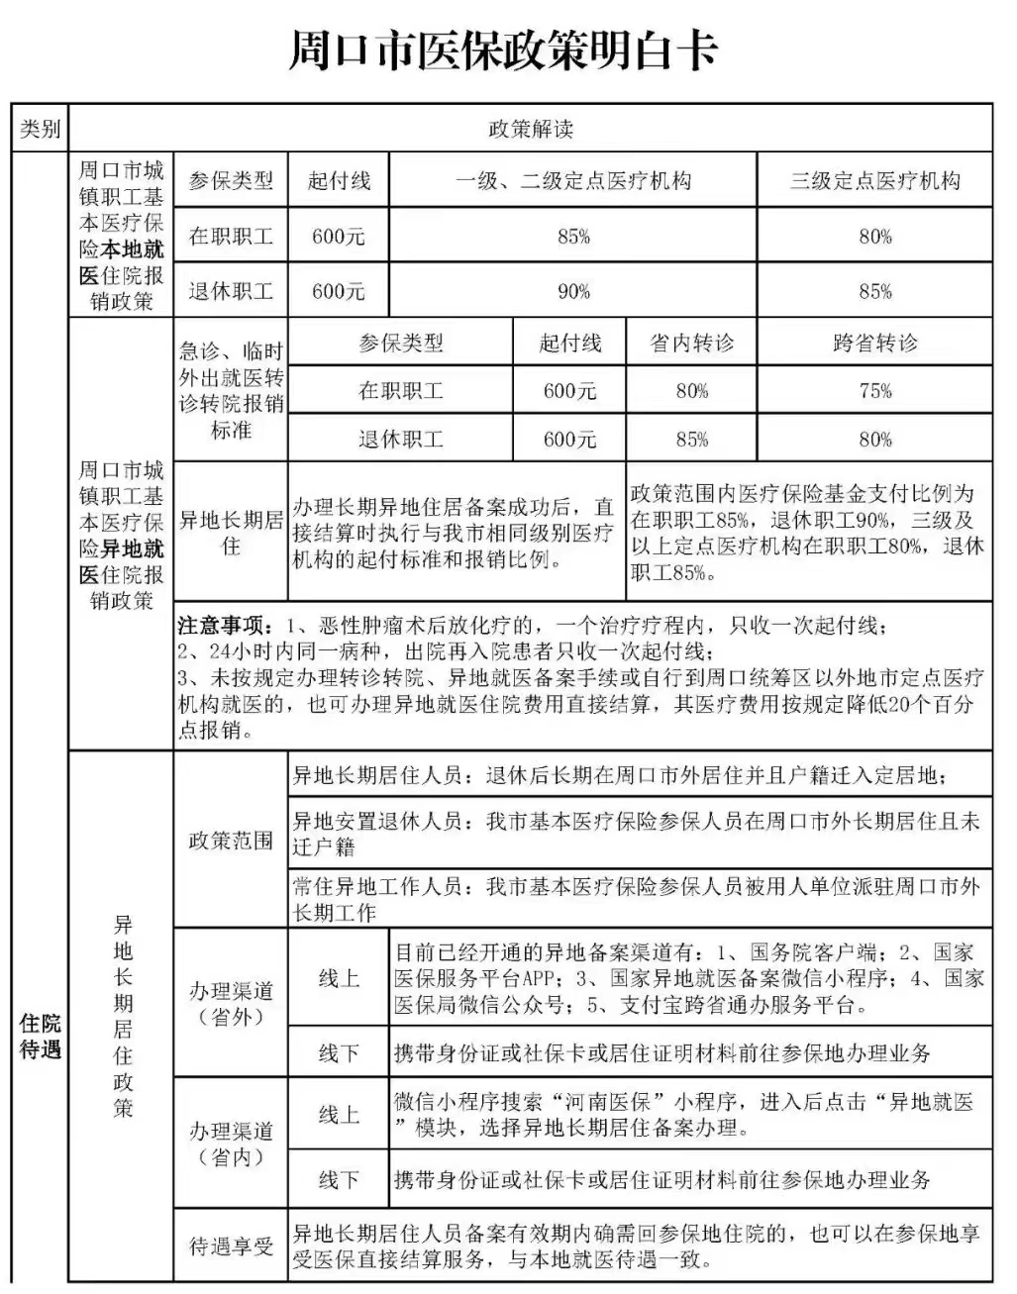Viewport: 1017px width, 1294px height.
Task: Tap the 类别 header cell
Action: click(x=40, y=129)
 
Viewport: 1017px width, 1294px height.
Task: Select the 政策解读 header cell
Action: click(x=531, y=129)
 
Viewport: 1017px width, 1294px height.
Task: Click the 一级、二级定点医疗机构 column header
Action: click(x=573, y=181)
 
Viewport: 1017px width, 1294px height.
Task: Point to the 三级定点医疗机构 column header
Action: click(x=875, y=181)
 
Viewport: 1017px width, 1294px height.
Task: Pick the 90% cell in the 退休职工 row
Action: click(x=573, y=291)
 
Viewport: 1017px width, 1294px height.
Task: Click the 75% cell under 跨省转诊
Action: click(x=875, y=391)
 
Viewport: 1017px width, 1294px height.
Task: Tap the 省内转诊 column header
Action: click(x=691, y=344)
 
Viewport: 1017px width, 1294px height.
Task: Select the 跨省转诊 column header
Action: click(x=875, y=344)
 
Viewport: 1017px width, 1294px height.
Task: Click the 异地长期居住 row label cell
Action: click(x=231, y=532)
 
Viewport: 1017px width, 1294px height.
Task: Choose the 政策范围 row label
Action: click(x=231, y=841)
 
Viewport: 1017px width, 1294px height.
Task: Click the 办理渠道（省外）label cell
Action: click(x=231, y=1003)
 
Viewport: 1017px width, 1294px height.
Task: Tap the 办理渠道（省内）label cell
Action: click(x=231, y=1144)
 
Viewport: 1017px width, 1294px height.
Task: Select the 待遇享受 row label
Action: click(x=231, y=1245)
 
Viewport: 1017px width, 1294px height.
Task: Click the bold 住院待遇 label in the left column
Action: click(x=40, y=1035)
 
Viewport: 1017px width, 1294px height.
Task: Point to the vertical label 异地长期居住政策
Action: click(x=122, y=1016)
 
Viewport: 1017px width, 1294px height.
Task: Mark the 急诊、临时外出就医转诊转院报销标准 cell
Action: click(x=231, y=390)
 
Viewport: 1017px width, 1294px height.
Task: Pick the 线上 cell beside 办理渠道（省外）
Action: click(x=339, y=978)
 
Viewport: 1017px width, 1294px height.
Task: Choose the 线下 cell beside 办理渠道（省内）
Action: click(x=339, y=1180)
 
